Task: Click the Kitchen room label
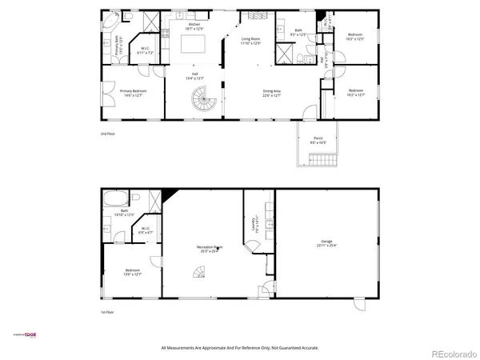[x=194, y=26]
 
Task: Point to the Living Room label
[x=251, y=40]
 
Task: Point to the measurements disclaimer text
[x=240, y=348]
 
